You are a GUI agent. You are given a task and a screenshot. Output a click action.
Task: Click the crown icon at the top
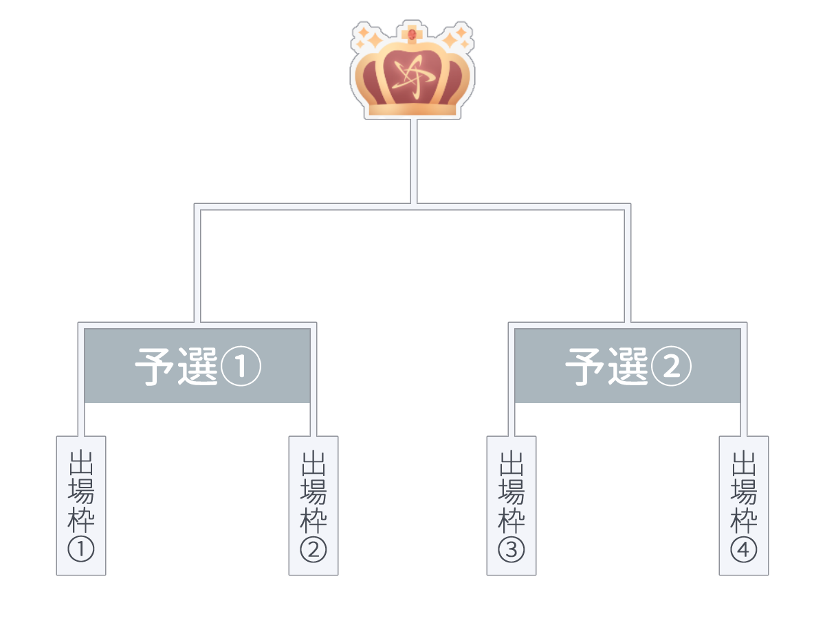click(412, 72)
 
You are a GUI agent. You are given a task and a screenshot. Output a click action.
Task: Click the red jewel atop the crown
click(412, 34)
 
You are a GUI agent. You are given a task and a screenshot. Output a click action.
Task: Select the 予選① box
click(197, 365)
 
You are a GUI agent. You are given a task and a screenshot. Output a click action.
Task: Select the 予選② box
click(628, 365)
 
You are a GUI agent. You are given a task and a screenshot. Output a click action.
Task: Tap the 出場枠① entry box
click(81, 505)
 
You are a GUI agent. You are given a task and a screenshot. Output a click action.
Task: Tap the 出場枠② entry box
click(313, 505)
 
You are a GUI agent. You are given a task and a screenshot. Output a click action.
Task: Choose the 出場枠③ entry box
click(511, 505)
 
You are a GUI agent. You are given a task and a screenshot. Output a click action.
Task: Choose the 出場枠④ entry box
click(744, 505)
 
